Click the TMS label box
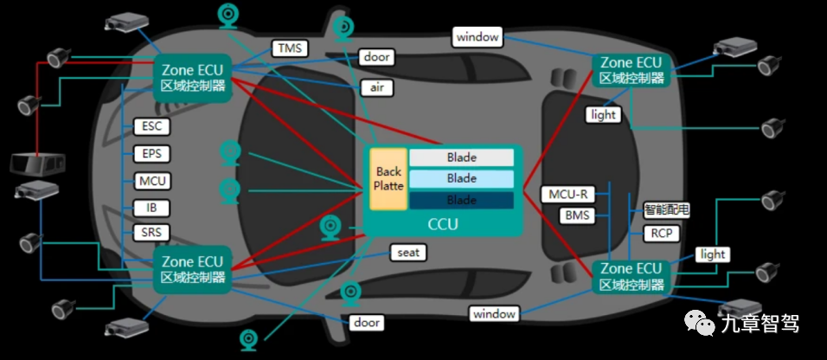(290, 48)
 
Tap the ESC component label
(152, 126)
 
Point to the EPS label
(152, 154)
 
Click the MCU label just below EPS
(152, 181)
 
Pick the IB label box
(152, 208)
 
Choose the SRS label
(152, 233)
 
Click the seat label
(408, 253)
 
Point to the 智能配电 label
(667, 209)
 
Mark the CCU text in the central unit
(443, 225)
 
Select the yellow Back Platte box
(388, 179)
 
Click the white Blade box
(461, 157)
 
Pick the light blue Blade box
(461, 178)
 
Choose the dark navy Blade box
(461, 200)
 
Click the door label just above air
(377, 57)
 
